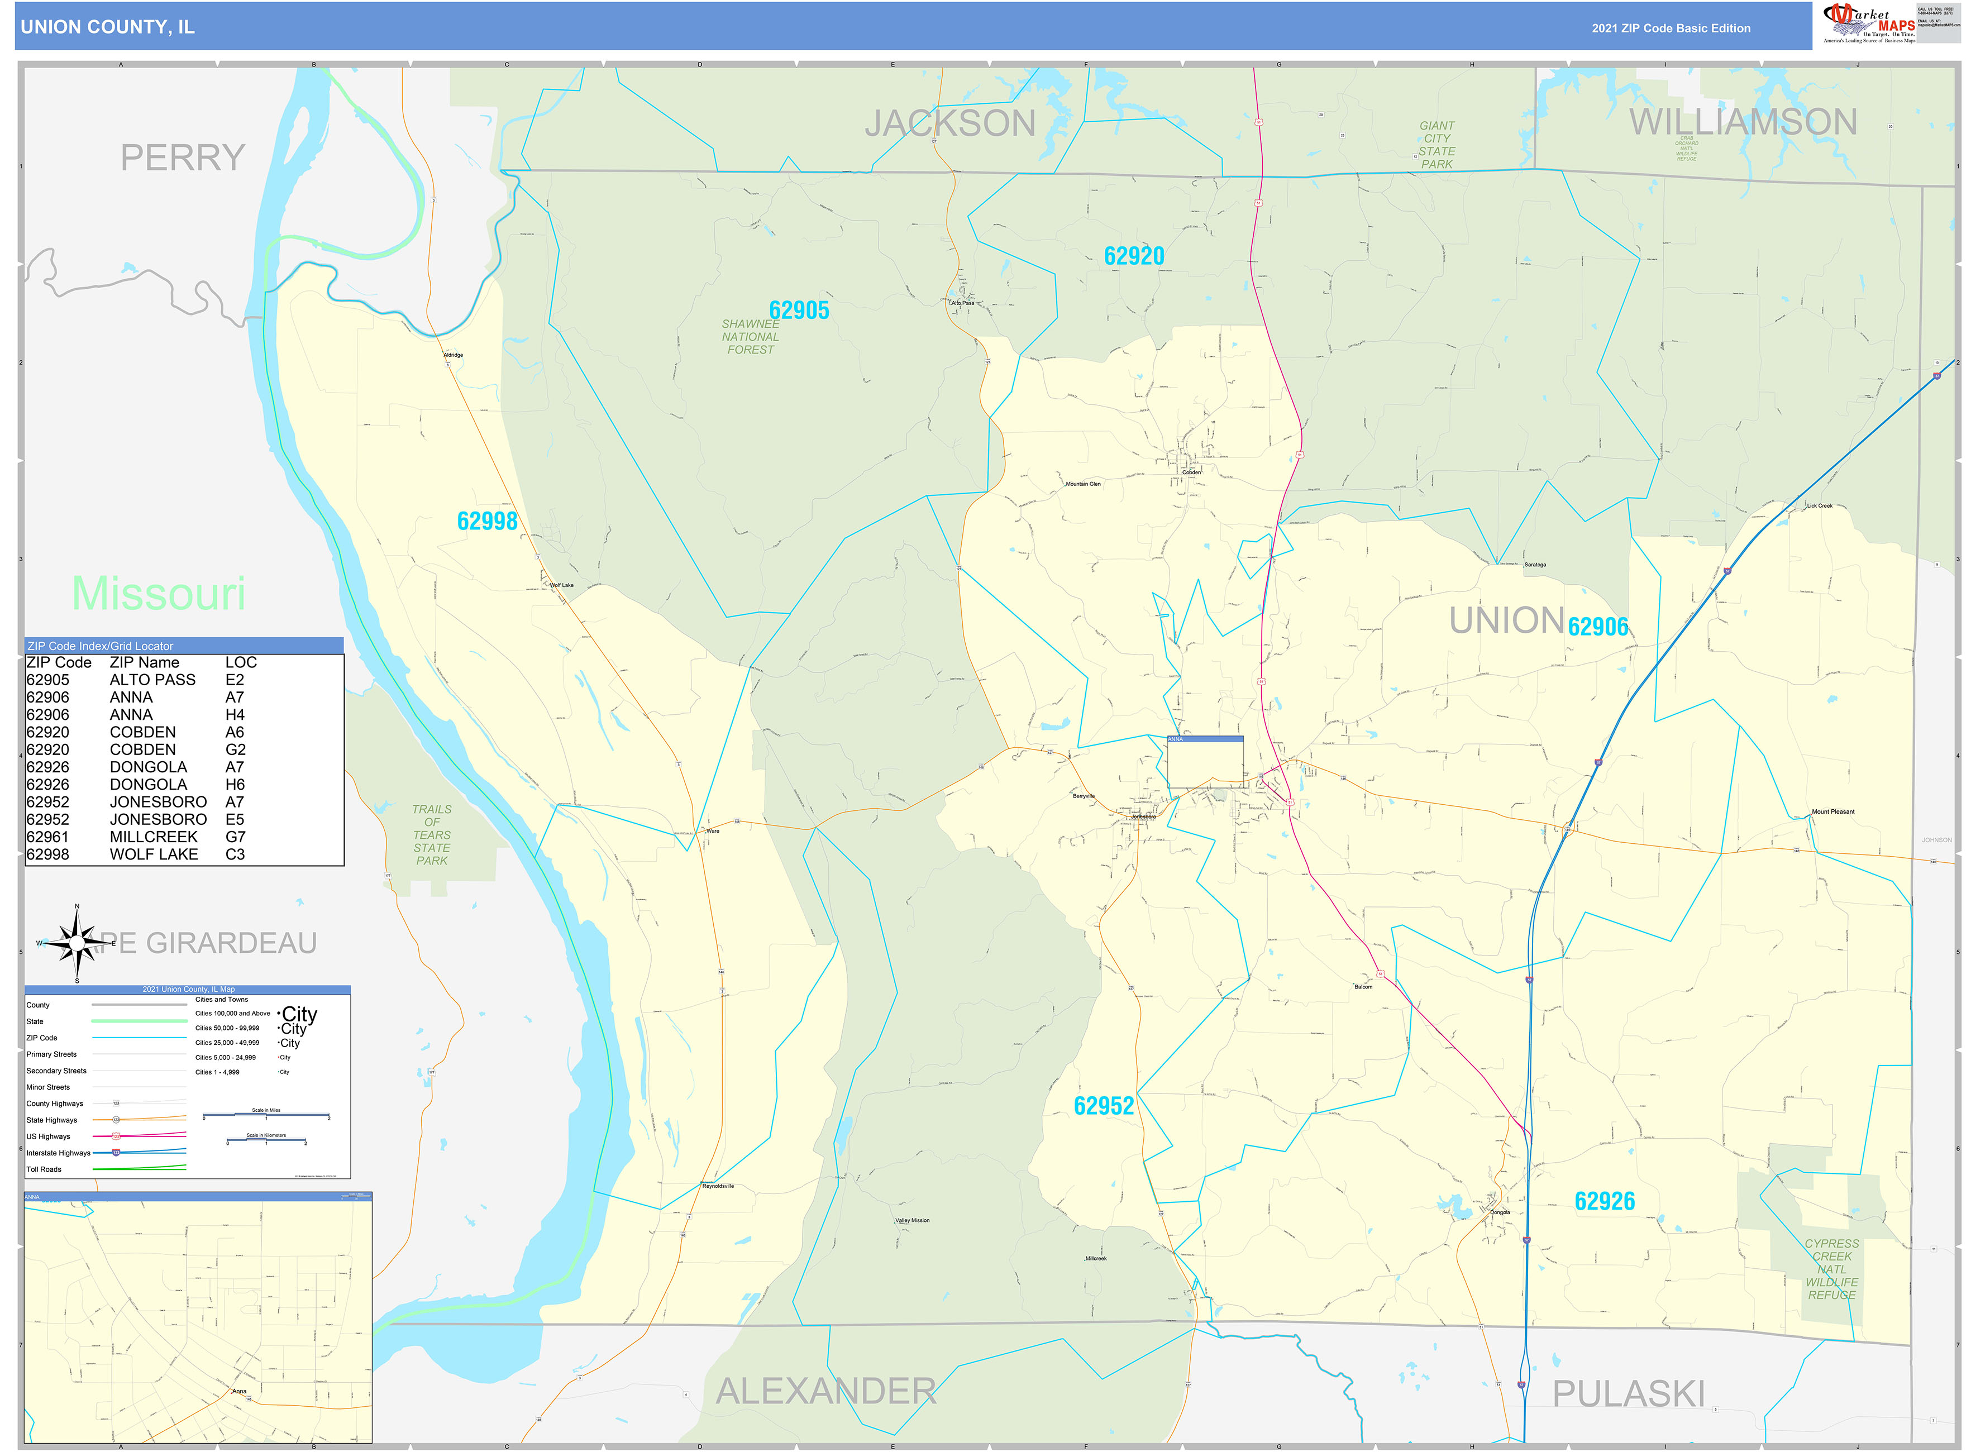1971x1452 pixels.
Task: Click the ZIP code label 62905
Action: point(798,311)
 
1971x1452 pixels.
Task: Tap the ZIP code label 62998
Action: point(487,521)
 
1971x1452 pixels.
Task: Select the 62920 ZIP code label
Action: point(1133,256)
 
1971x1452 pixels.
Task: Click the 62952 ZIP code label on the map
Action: point(1103,1106)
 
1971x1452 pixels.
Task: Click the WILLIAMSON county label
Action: point(1743,122)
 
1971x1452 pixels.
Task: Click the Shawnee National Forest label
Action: point(750,337)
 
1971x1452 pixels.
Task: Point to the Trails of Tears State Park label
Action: point(432,835)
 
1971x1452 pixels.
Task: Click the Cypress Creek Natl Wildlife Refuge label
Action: point(1831,1269)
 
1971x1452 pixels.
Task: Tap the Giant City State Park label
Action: point(1437,145)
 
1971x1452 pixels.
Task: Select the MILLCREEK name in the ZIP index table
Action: point(153,837)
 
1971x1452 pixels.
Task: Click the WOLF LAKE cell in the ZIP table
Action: point(153,854)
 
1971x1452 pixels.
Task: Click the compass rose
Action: point(78,943)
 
